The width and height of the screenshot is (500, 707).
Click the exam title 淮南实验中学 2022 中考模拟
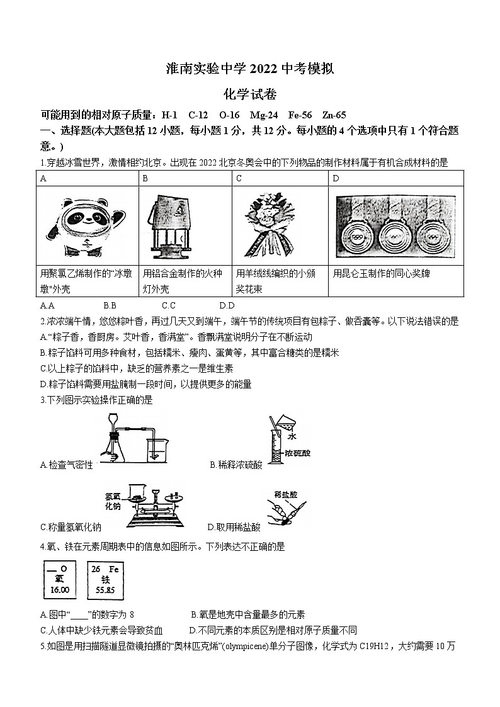point(249,69)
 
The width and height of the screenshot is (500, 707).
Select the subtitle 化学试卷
point(249,94)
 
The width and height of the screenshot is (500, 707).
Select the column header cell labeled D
point(336,178)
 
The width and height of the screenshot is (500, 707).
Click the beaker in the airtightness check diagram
point(156,451)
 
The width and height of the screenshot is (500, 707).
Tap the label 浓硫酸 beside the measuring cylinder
point(297,453)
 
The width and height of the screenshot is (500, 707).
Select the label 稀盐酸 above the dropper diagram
point(285,495)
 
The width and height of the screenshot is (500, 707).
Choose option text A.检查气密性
point(66,465)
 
